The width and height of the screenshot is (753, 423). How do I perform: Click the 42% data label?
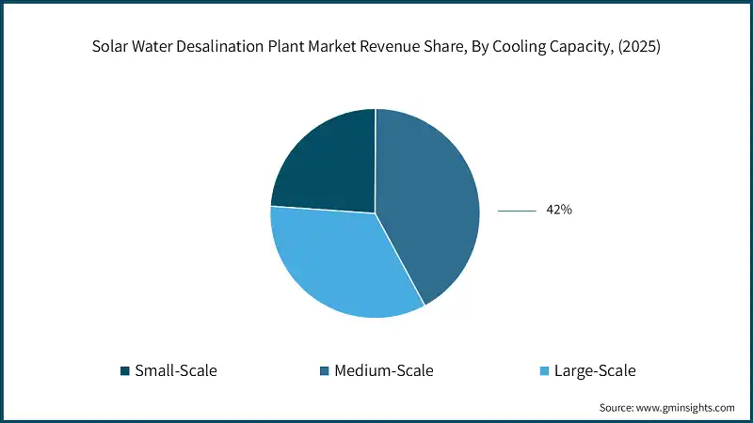tap(559, 211)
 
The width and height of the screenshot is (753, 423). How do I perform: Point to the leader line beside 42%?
tap(516, 211)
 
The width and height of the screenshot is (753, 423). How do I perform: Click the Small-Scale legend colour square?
tap(125, 370)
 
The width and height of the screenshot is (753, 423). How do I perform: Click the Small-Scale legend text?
tap(176, 370)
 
